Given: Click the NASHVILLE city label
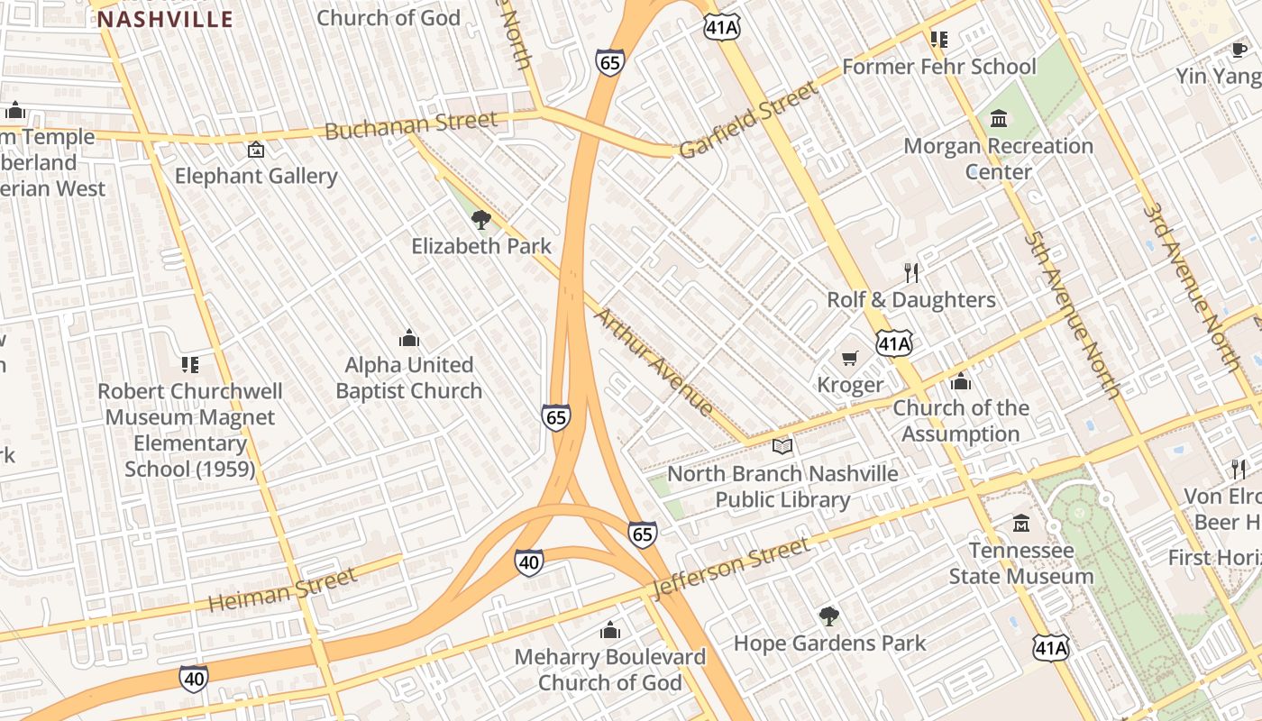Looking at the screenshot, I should (165, 19).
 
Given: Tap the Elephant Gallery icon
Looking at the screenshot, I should (256, 150).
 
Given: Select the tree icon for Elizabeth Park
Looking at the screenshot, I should (481, 219).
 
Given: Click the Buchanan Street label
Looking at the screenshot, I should (410, 125).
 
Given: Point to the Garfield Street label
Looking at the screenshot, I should (749, 119).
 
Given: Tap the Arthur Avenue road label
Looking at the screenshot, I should (654, 361).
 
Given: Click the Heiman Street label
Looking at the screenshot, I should (282, 590).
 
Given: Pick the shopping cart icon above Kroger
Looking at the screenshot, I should (849, 359).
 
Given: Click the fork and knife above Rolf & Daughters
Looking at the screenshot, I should (911, 273).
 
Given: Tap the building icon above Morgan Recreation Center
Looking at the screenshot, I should (999, 119).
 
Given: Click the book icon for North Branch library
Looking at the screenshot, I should (782, 447).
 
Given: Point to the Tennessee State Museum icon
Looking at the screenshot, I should (1020, 524).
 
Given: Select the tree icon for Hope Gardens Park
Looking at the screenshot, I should (829, 616).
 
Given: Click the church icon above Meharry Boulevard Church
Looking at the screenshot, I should (610, 630).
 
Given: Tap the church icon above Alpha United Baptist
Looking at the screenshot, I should (409, 338).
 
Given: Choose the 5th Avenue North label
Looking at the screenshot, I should (1072, 315).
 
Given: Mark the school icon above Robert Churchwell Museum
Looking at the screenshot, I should (189, 364).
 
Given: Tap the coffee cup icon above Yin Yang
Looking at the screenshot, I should (1239, 50).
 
